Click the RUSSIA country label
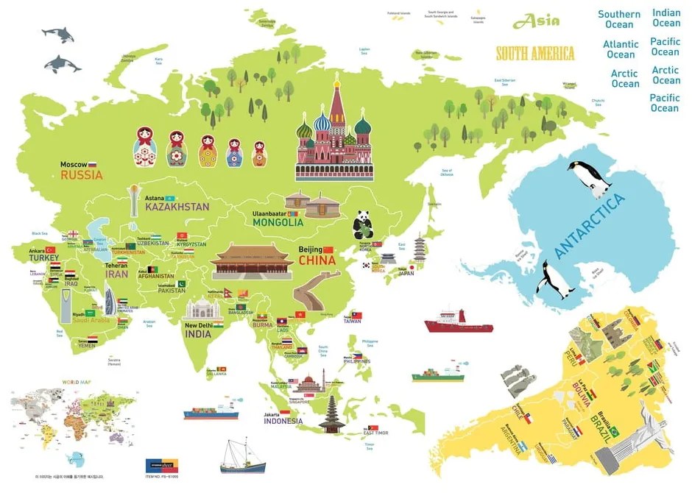[81, 175]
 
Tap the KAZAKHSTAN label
[177, 207]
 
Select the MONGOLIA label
[278, 221]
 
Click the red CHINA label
[317, 260]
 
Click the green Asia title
[536, 21]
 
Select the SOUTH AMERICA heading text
[535, 53]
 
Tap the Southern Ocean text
[619, 19]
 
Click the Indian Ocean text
[666, 18]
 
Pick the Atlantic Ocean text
[621, 49]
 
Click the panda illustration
[363, 224]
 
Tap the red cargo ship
[457, 322]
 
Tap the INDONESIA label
[283, 421]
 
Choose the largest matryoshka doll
[146, 146]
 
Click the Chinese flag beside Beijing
[328, 249]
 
